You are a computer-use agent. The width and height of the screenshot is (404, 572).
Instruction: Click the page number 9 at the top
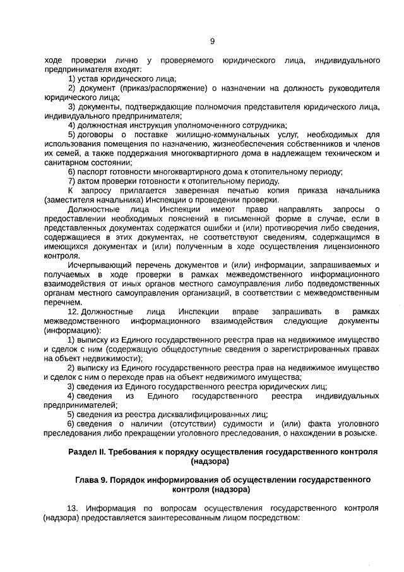(x=212, y=42)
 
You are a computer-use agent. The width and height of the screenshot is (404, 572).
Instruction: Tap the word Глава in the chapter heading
(x=88, y=480)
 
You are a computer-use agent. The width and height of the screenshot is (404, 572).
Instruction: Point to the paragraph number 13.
(x=73, y=508)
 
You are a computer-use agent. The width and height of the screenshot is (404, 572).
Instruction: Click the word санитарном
(x=64, y=162)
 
